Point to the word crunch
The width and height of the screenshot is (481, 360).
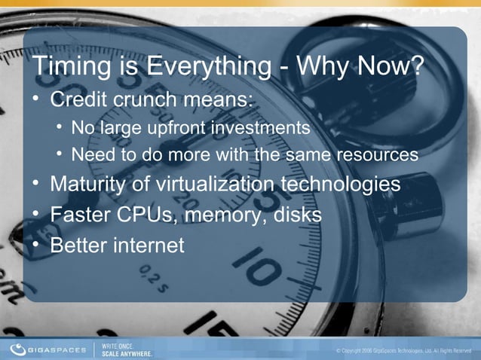[156, 99]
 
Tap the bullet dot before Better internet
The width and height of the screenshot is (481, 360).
[35, 245]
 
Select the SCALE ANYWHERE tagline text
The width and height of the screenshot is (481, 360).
[127, 352]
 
